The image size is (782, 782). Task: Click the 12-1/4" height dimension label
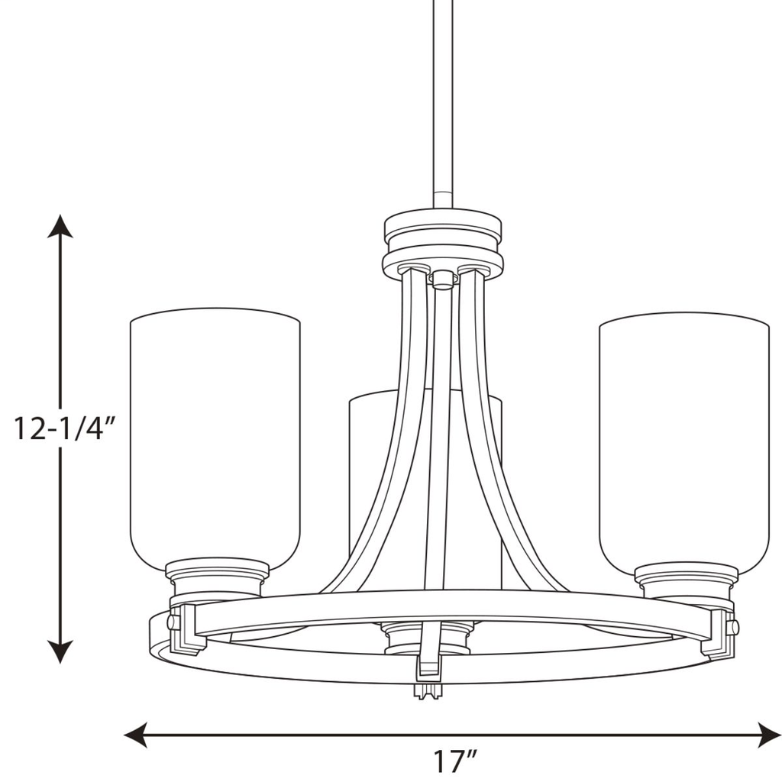coord(64,429)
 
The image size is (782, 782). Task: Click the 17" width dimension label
coord(456,761)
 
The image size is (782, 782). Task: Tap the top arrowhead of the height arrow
coord(60,226)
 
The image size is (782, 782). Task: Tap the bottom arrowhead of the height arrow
coord(60,651)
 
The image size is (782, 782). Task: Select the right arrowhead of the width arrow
coord(770,735)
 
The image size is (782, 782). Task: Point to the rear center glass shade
coord(367,473)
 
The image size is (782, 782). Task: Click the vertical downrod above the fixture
coord(443,99)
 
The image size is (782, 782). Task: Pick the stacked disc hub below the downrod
coord(443,243)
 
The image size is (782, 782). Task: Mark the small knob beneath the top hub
coord(442,279)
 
